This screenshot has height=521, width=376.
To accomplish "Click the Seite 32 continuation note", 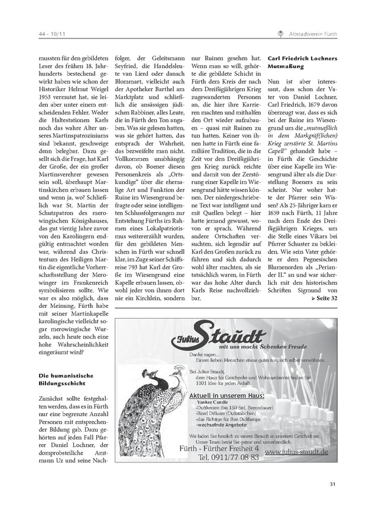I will pos(325,298).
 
